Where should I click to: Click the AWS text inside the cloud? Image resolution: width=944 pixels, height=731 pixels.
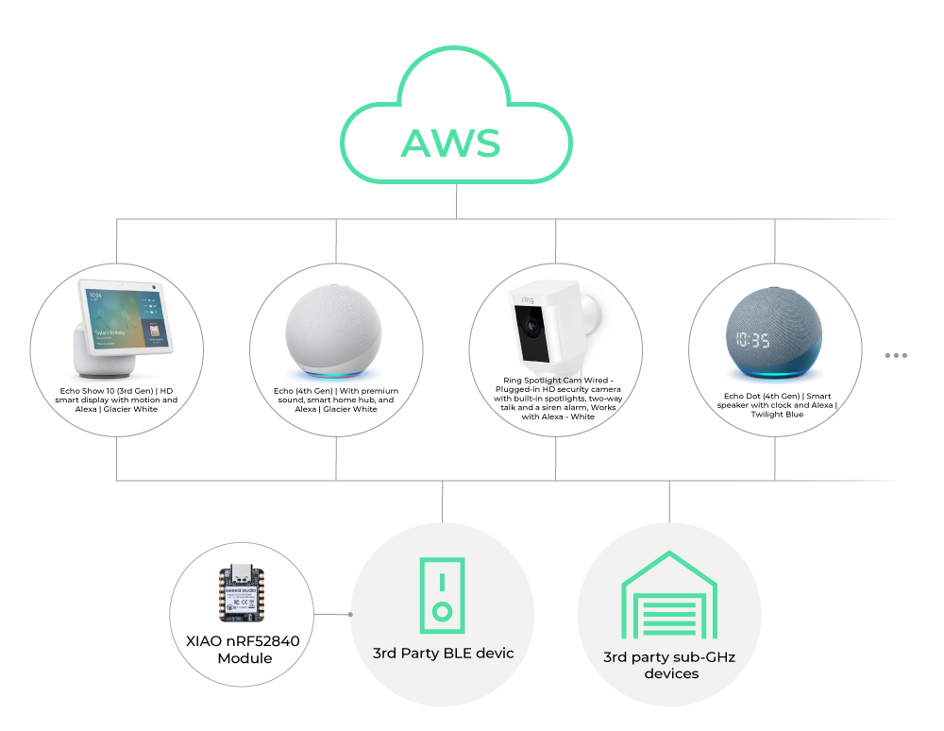(450, 142)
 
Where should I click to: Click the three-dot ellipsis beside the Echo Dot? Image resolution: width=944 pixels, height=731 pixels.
(896, 355)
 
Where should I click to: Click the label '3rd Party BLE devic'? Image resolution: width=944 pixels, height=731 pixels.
(444, 653)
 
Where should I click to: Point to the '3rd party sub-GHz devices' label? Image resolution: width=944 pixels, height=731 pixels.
(670, 665)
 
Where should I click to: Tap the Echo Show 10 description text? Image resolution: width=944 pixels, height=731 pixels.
(116, 400)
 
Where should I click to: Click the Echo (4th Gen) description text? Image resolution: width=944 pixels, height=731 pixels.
(336, 399)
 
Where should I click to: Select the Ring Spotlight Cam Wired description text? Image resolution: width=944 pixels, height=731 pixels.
(555, 399)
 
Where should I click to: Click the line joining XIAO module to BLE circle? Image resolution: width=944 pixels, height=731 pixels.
(334, 614)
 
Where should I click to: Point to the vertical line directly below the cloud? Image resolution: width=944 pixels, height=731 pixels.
(456, 203)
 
